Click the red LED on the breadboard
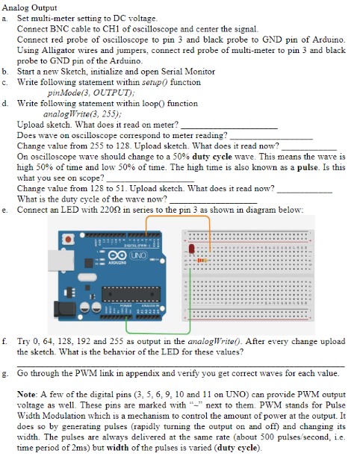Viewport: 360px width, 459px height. [191, 249]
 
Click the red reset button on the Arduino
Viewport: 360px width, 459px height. [68, 240]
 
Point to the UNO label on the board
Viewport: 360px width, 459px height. [138, 255]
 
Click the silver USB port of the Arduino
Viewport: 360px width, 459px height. [61, 260]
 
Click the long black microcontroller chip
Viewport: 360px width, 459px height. [131, 294]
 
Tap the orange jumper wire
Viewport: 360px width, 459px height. [178, 216]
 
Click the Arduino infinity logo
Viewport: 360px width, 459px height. [117, 255]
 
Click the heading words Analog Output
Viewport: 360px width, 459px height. [30, 7]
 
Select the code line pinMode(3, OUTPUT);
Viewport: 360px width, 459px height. [91, 93]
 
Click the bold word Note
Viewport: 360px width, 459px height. [27, 394]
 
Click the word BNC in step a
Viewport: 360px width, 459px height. [59, 29]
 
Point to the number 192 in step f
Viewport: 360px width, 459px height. [83, 341]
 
